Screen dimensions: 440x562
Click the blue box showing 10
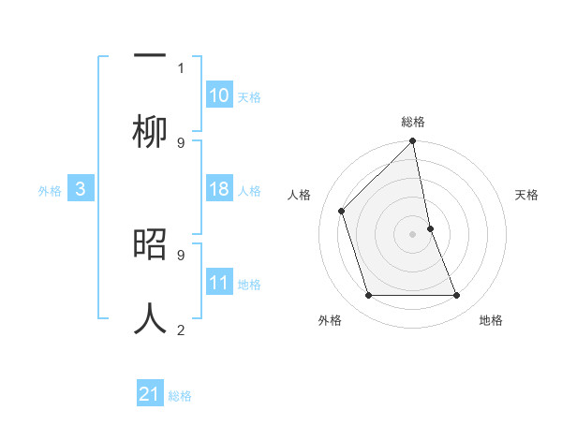pos(219,95)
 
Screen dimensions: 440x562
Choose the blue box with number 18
pos(219,190)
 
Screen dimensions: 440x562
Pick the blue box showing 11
pos(219,284)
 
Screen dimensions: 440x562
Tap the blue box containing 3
pos(81,190)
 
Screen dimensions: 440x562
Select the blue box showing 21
pos(150,395)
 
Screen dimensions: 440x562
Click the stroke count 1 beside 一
pos(181,67)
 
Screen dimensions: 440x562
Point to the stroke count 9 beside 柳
pos(181,142)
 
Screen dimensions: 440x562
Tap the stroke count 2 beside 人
pos(181,330)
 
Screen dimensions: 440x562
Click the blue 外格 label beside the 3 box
pos(50,191)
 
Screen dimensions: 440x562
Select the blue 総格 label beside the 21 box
pos(180,396)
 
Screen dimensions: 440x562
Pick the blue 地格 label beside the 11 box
pos(249,285)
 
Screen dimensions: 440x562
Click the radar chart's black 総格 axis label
pos(413,122)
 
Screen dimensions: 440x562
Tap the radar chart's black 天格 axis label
pos(527,195)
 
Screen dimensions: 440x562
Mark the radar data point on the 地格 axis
pos(457,296)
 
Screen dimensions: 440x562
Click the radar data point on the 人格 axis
pos(342,211)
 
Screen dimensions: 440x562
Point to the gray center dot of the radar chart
pos(413,233)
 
